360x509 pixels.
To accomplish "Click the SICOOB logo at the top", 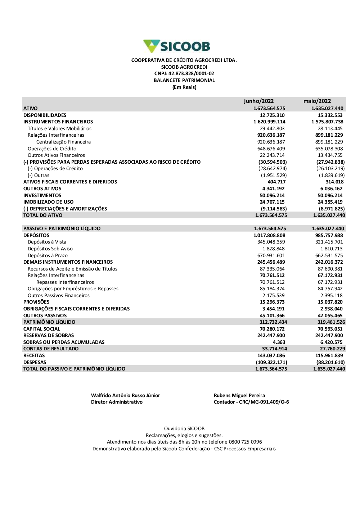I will coord(177,46).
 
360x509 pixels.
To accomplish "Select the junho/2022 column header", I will coord(258,101).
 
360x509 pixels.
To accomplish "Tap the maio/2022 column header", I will coord(317,101).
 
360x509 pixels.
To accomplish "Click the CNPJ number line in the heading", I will coord(184,74).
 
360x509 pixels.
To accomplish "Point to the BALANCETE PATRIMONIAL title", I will coord(184,81).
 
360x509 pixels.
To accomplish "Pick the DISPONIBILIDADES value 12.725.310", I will coord(272,115).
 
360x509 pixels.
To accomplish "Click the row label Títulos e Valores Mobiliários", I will coord(59,129).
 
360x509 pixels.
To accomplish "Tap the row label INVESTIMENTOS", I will coord(42,196).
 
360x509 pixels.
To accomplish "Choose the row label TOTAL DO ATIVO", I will coord(42,215).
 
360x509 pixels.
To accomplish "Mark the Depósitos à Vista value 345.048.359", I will coord(271,242).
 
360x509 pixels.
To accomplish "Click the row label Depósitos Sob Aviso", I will coord(50,249).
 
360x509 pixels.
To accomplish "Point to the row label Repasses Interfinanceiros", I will coord(65,282).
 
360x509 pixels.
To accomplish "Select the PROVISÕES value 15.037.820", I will coord(330,302).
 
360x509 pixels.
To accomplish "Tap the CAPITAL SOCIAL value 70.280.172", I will coord(272,329).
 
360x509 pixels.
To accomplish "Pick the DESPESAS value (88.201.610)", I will coord(330,363).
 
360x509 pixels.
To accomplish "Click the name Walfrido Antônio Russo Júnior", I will coord(125,396).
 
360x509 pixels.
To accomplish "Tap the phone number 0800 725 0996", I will coord(245,442).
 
